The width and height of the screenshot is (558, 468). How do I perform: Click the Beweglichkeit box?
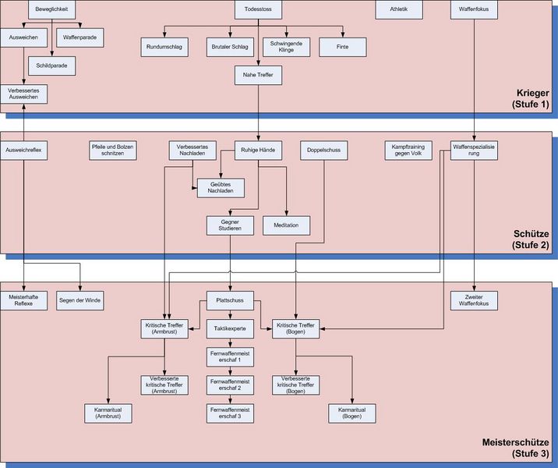[x=51, y=9]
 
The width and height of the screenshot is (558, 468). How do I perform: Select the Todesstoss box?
[x=258, y=9]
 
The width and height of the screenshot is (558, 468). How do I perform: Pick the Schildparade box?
[x=51, y=66]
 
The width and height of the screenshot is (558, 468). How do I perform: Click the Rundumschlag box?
[x=164, y=48]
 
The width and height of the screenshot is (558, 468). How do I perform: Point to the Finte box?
[x=343, y=48]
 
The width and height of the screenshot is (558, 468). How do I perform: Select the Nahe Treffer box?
[x=258, y=75]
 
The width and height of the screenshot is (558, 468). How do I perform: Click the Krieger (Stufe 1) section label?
[x=531, y=98]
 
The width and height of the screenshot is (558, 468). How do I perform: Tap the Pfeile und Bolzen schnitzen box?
[x=113, y=150]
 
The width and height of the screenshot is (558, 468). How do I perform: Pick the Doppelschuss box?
[x=323, y=150]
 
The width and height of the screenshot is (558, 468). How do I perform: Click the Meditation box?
[x=286, y=225]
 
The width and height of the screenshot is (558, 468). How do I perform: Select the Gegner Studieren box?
[x=230, y=225]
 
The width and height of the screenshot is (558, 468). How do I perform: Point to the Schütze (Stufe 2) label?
[x=531, y=239]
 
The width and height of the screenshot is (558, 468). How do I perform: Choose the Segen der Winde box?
[x=80, y=300]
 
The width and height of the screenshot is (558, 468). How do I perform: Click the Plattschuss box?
[x=230, y=300]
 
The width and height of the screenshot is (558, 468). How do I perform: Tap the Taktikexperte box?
[x=230, y=328]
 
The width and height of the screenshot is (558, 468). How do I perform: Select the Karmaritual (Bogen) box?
[x=351, y=413]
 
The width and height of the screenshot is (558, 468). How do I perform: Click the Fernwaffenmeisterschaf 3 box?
[x=230, y=413]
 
